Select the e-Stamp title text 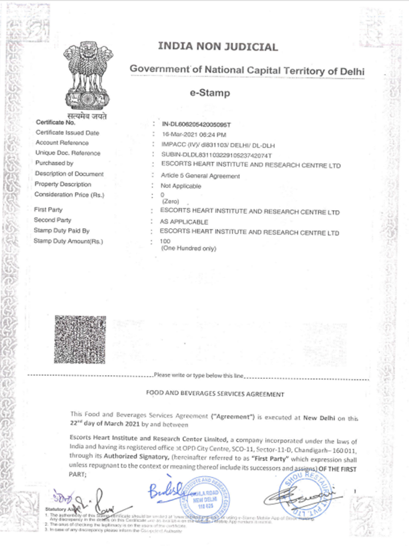(x=209, y=93)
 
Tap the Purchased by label (x=54, y=163)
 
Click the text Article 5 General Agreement (x=197, y=176)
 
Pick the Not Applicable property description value (x=178, y=186)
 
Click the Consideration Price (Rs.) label (x=69, y=194)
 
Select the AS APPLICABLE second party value (x=184, y=222)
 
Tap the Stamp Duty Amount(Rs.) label (x=68, y=241)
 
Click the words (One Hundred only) (x=189, y=249)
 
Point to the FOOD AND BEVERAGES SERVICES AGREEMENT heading (x=215, y=393)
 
